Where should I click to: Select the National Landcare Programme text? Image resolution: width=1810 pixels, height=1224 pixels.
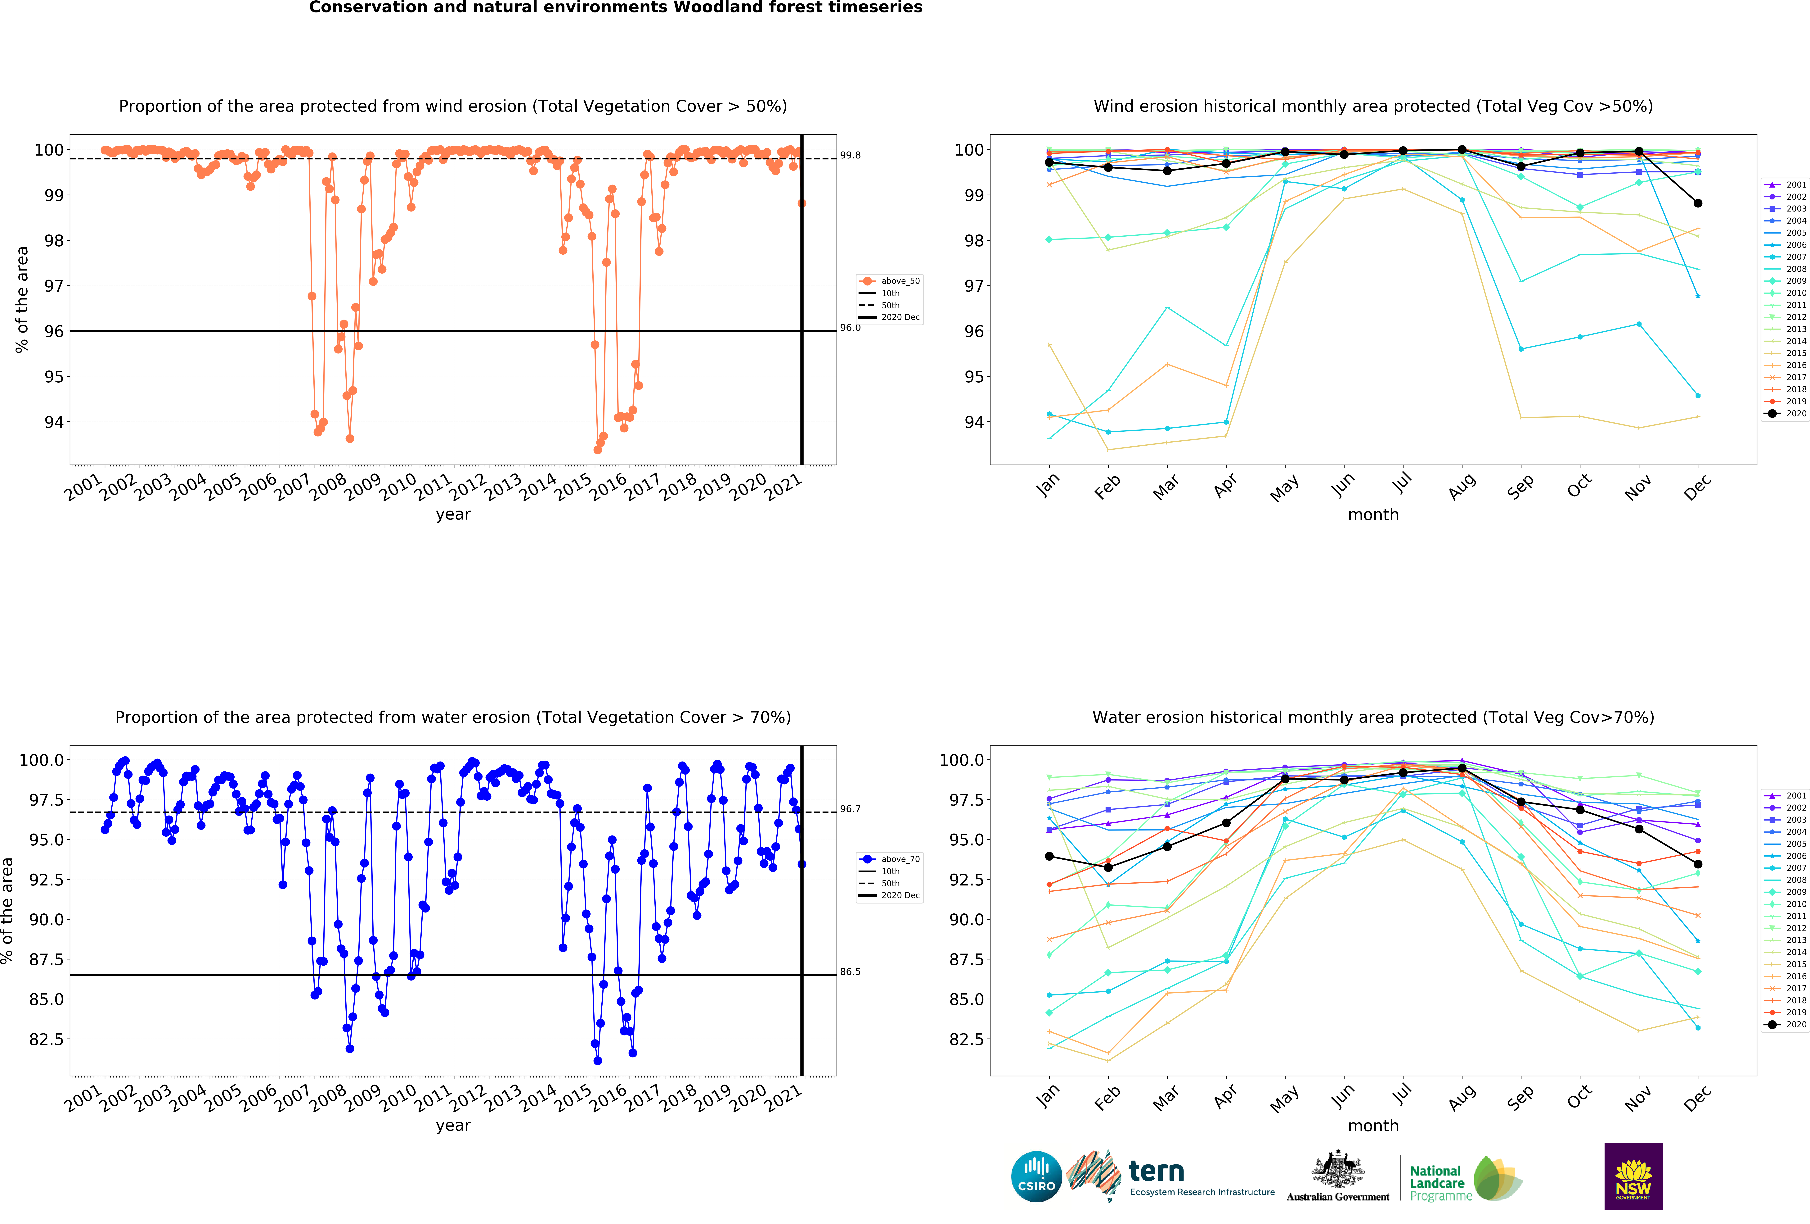coord(1437,1183)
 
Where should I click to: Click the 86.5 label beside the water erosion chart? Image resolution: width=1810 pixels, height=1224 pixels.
coord(850,971)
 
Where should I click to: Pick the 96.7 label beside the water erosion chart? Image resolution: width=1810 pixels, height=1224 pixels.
coord(850,809)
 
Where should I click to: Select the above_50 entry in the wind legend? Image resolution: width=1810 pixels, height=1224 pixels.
coord(900,280)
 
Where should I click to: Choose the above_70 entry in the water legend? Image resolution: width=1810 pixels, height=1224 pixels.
coord(900,859)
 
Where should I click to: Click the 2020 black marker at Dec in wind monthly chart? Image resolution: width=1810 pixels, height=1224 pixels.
coord(1698,203)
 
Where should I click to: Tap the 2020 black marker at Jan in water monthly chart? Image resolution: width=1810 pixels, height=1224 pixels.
coord(1049,856)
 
